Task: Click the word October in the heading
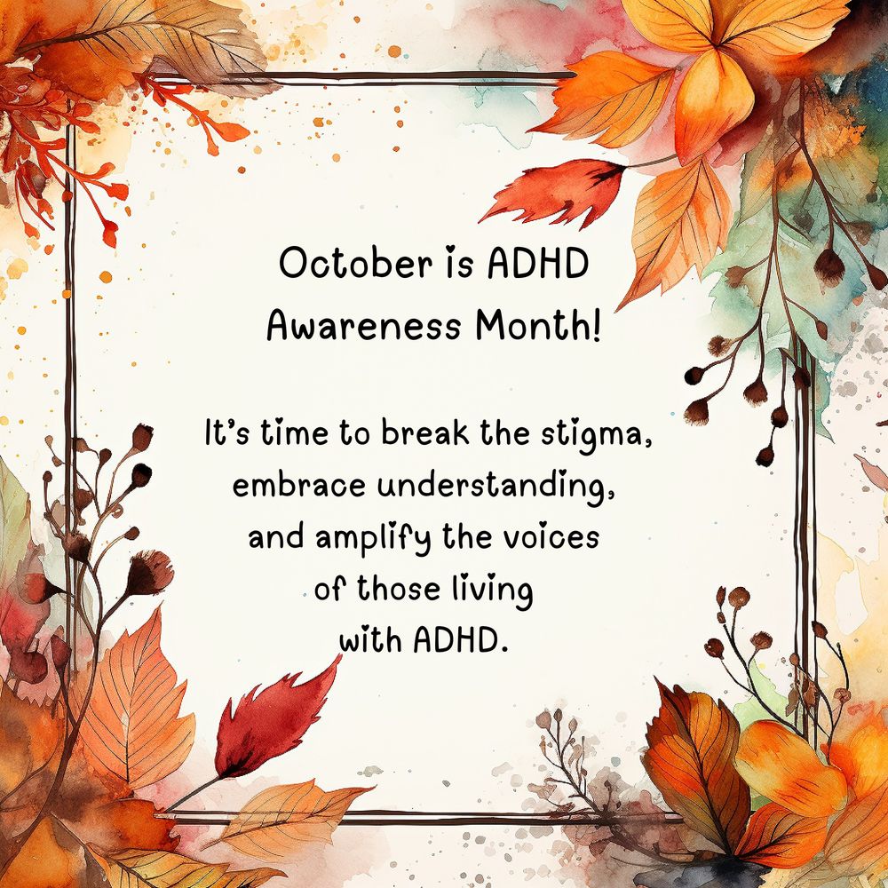pos(356,264)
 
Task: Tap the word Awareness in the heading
pos(363,326)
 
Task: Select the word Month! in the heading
pos(537,326)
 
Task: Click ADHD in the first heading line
pos(538,264)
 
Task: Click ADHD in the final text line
pos(458,640)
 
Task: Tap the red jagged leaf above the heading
pos(554,192)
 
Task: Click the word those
pos(399,589)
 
